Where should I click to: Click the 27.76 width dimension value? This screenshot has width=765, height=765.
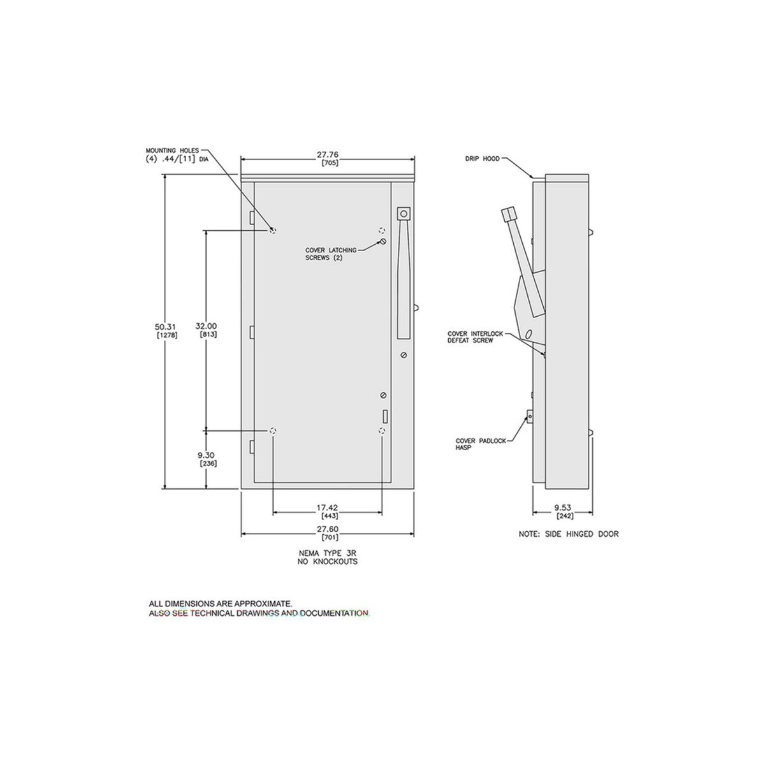coord(328,154)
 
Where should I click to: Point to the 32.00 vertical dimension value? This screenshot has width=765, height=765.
coord(206,326)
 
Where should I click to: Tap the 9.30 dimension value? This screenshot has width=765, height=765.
coord(207,455)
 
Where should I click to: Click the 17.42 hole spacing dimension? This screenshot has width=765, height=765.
coord(327,507)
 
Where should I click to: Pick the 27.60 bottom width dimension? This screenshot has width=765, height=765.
coord(327,530)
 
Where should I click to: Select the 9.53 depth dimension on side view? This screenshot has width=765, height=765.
coord(562,507)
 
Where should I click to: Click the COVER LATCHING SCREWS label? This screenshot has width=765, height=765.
coord(331,254)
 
